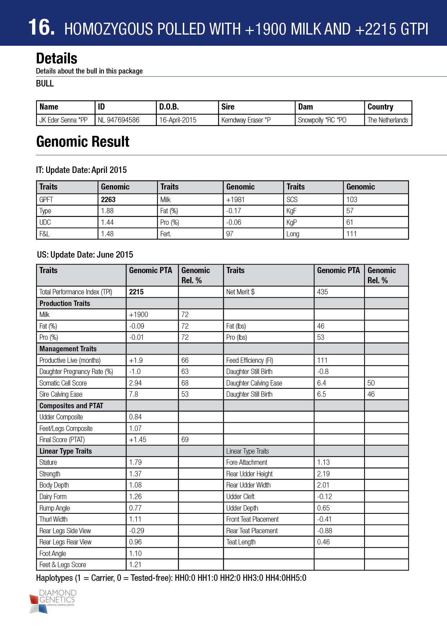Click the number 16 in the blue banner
pos(41,27)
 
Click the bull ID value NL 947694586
pos(119,120)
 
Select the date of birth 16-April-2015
pos(178,120)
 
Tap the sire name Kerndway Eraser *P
pos(246,120)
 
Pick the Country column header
pos(380,107)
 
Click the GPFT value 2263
pos(108,200)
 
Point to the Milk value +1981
pos(235,200)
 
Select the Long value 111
pos(351,234)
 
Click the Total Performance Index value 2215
pos(136,292)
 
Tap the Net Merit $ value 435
pos(322,292)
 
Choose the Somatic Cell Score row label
pos(63,383)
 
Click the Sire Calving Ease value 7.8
pos(133,394)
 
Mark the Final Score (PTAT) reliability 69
pos(185,440)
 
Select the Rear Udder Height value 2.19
pos(323,474)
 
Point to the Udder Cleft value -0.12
pos(324,497)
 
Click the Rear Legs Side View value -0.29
pos(137,531)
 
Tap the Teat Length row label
pos(241,542)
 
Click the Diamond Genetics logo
pos(53,601)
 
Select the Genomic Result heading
pos(83,142)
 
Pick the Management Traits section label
pos(68,349)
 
